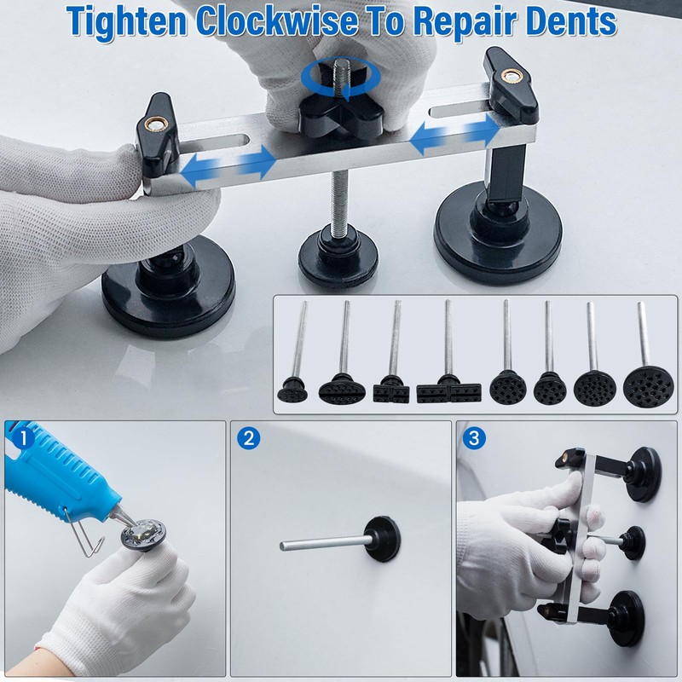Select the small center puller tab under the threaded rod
[x=337, y=251]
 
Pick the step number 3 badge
[x=474, y=439]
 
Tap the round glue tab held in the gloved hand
[x=141, y=536]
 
